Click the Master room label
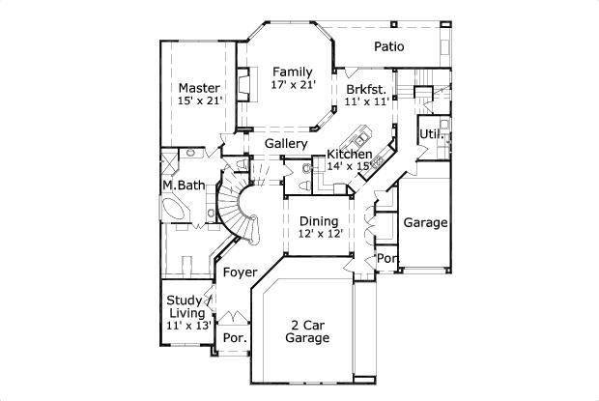tap(198, 87)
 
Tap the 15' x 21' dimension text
tap(198, 100)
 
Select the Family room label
tap(291, 72)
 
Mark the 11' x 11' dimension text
tap(367, 100)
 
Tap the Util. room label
tap(431, 133)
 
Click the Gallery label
tap(286, 144)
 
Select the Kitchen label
tap(349, 155)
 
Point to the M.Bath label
tap(182, 185)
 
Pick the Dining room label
tap(318, 221)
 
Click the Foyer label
tap(240, 272)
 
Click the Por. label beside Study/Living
tap(234, 339)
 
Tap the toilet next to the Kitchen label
tap(308, 167)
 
